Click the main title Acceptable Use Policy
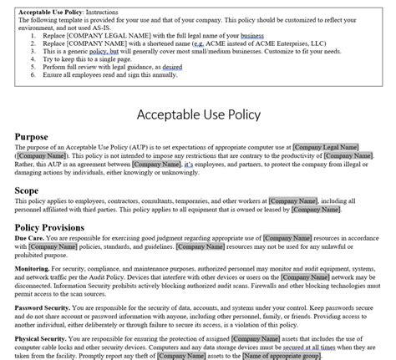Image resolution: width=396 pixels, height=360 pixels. (197, 112)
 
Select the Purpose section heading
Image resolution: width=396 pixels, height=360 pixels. (33, 136)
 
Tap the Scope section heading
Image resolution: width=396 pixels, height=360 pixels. (27, 190)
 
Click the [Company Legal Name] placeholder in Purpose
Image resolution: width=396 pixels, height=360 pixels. (332, 147)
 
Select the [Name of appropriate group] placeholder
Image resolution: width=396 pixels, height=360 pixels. (280, 356)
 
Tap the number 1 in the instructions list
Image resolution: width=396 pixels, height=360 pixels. (32, 37)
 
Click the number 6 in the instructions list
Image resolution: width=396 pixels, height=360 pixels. (32, 74)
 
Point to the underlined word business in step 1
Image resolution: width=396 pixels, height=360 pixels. (251, 37)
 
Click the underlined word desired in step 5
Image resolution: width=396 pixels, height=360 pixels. (173, 67)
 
